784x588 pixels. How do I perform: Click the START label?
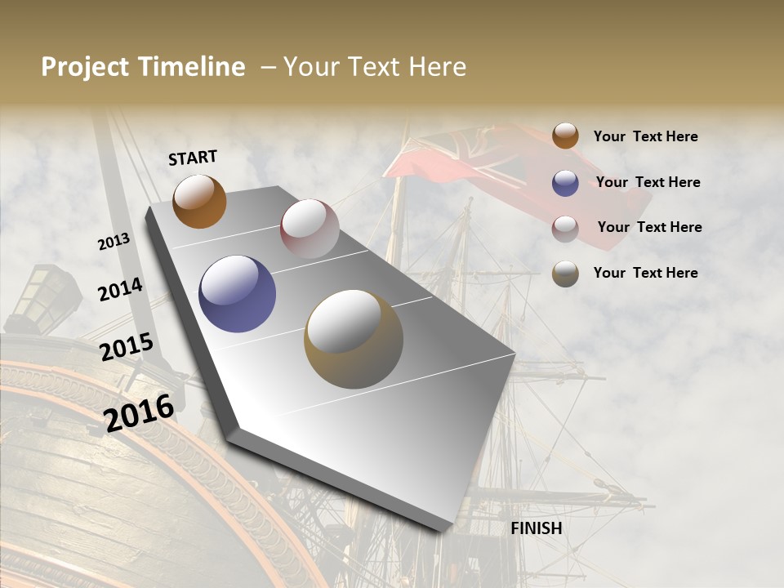[x=193, y=158]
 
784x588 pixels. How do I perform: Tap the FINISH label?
[x=536, y=528]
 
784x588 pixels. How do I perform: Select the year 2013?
[x=114, y=241]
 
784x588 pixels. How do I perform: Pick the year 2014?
[x=121, y=289]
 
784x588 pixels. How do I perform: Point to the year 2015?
[x=127, y=346]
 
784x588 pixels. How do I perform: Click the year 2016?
[x=140, y=412]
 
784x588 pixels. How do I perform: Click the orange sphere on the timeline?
[x=199, y=201]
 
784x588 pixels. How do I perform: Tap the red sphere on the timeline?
[x=310, y=229]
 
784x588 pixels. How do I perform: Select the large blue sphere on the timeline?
[x=237, y=294]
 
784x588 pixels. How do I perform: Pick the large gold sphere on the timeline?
[x=354, y=338]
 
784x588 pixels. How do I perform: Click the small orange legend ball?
[x=565, y=136]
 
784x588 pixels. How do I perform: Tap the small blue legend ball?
[x=565, y=183]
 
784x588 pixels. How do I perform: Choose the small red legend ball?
[x=565, y=229]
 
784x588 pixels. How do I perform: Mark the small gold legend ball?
[x=565, y=274]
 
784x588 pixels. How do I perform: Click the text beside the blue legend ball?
[x=648, y=182]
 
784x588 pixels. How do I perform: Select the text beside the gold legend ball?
[x=645, y=273]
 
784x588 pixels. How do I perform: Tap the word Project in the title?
[x=86, y=67]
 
